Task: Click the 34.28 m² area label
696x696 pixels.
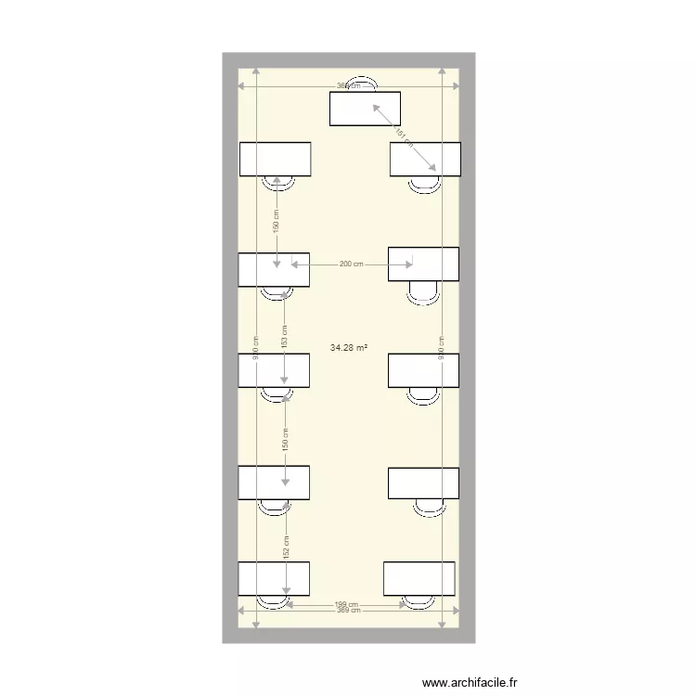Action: coord(348,348)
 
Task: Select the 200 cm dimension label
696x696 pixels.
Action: coord(351,264)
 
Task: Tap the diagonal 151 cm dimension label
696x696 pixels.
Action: coord(403,136)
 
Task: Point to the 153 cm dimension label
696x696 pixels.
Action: coord(285,335)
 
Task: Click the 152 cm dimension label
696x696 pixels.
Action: coord(286,548)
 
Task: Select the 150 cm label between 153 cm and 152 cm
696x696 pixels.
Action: coord(286,437)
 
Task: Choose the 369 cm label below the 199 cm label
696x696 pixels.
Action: coord(347,611)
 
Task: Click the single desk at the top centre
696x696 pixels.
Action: coord(365,109)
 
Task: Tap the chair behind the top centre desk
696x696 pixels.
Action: coord(361,84)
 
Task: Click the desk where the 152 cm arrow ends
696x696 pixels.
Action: coord(274,579)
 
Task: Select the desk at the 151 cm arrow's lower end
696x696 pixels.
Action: coord(425,159)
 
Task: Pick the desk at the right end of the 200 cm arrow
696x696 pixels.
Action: coord(423,264)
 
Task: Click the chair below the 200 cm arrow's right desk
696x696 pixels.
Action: coord(424,293)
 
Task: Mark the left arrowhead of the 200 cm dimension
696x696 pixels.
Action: coord(294,264)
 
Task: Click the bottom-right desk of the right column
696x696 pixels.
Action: coord(419,579)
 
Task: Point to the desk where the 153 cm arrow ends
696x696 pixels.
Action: coord(274,370)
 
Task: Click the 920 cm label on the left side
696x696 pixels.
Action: coord(255,346)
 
